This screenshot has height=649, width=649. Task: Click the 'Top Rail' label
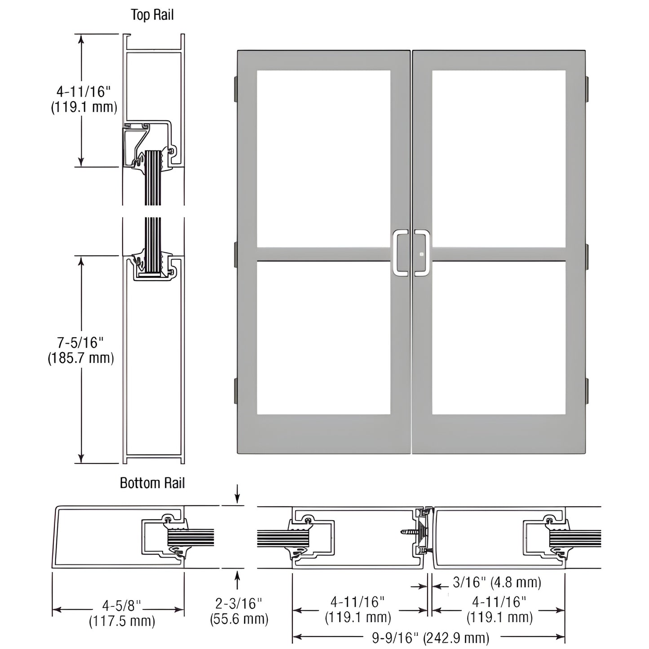click(x=152, y=15)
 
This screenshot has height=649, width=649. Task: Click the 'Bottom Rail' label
click(x=152, y=483)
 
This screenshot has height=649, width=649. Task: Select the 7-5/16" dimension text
click(x=80, y=343)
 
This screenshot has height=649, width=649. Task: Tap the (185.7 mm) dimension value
click(x=81, y=358)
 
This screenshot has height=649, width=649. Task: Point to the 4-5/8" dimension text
click(x=122, y=605)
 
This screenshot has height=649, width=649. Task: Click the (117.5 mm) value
click(x=122, y=621)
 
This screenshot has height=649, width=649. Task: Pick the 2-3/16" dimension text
click(x=238, y=604)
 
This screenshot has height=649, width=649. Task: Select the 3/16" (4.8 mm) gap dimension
click(x=497, y=582)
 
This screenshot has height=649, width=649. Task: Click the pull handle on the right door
click(x=422, y=253)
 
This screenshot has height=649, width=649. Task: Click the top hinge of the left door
click(x=236, y=89)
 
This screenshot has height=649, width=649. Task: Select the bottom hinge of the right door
click(x=587, y=391)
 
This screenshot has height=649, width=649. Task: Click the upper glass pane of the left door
click(x=324, y=159)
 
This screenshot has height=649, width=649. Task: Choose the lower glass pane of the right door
click(x=499, y=338)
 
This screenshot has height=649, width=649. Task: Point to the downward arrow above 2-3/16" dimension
click(x=238, y=494)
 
